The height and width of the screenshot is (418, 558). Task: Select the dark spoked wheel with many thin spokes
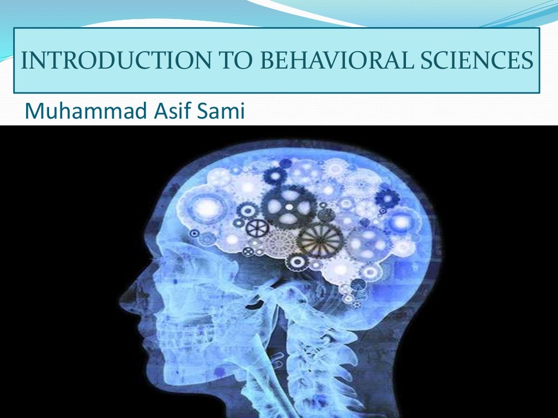(320, 240)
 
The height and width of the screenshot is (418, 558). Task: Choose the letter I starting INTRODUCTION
(23, 60)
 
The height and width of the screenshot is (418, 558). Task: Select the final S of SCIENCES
(526, 60)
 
